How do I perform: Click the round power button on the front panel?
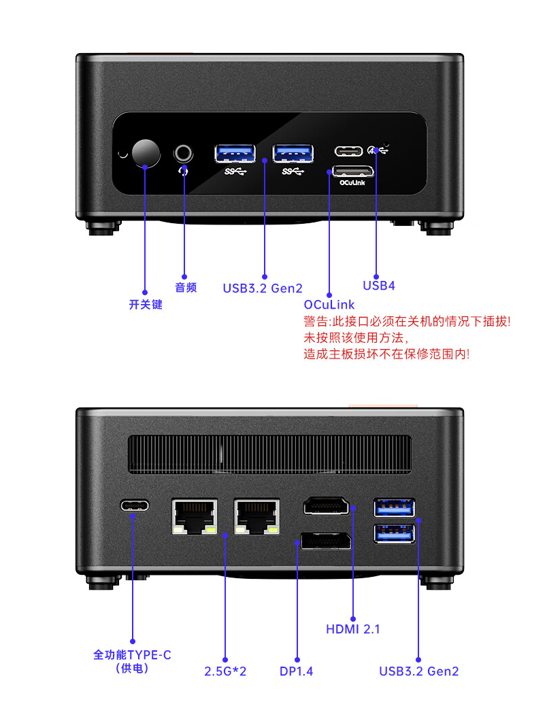pos(146,153)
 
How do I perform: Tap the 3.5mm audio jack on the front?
pos(184,152)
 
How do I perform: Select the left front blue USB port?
pos(235,153)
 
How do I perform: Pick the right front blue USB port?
pos(293,153)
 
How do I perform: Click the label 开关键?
pos(146,305)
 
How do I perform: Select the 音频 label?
pos(186,288)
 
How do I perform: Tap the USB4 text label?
pos(379,286)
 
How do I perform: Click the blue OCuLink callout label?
pos(329,305)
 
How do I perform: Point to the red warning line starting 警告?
pos(406,322)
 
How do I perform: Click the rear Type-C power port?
pos(135,505)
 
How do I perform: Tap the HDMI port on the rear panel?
pos(326,506)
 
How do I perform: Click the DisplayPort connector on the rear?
pos(326,541)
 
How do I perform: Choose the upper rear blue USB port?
pos(394,507)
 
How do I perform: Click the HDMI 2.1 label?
pos(353,629)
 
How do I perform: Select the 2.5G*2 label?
pos(225,671)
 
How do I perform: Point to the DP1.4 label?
pos(297,671)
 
